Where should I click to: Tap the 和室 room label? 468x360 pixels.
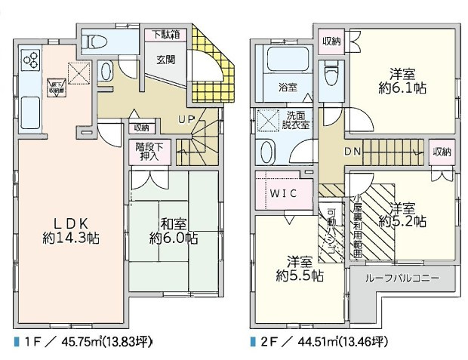coord(174,223)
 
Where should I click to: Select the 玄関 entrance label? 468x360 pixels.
coord(166,60)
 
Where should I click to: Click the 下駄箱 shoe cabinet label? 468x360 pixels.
coord(165,34)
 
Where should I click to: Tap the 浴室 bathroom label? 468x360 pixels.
coord(288,86)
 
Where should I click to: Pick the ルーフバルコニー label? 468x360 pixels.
coord(402,278)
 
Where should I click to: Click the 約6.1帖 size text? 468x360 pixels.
coord(402,88)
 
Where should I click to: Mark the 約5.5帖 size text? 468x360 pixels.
coord(300,276)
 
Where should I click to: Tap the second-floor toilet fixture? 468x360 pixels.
coord(330,74)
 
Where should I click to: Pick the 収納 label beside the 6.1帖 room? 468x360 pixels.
coord(332,40)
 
